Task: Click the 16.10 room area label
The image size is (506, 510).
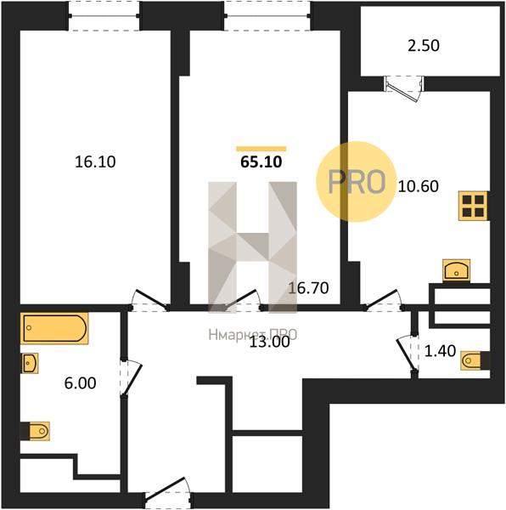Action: [x=95, y=161]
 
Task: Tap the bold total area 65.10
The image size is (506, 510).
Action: [x=261, y=162]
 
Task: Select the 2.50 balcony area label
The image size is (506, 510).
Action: [x=424, y=46]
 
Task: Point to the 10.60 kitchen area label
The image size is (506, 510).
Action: [x=419, y=186]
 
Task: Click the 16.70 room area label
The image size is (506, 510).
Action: [x=308, y=288]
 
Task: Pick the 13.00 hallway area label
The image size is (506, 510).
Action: [x=270, y=343]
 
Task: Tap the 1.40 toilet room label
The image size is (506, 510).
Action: [x=441, y=351]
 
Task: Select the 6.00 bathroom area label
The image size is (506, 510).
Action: [x=80, y=383]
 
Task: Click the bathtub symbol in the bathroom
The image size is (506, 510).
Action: [x=54, y=328]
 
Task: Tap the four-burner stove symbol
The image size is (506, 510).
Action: [x=473, y=206]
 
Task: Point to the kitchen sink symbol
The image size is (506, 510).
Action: [x=456, y=270]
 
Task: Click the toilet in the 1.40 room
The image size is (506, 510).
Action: [x=475, y=360]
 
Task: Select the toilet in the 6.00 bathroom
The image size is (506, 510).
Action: [x=35, y=431]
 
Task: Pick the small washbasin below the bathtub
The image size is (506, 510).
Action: [x=31, y=363]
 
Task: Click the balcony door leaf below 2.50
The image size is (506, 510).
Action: [x=402, y=89]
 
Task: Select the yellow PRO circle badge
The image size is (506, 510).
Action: [x=357, y=182]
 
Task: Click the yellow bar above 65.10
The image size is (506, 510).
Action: [x=261, y=149]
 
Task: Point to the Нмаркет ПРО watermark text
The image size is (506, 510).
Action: [x=253, y=335]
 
